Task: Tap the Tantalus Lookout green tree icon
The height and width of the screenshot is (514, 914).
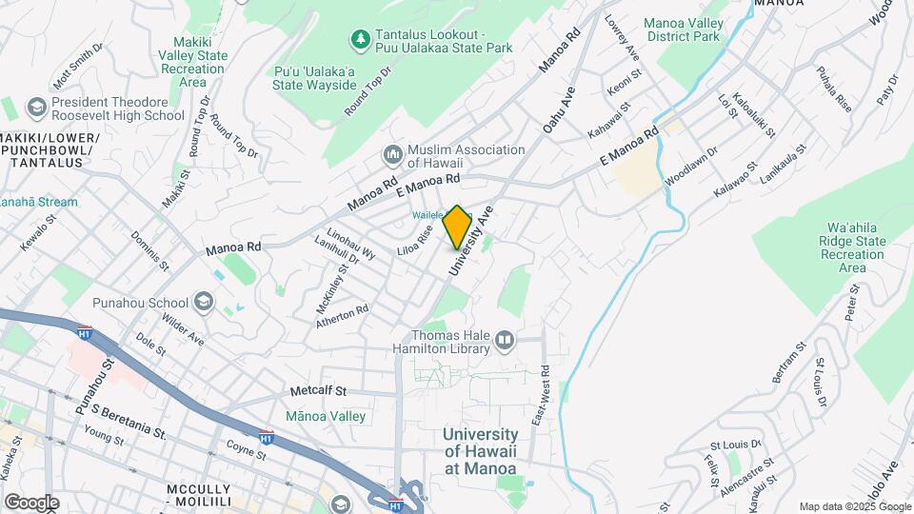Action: point(360,39)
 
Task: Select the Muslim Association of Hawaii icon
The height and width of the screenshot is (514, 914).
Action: point(392,154)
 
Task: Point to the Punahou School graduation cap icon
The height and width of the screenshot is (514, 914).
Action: point(202,303)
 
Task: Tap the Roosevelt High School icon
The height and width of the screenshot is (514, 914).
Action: point(37,107)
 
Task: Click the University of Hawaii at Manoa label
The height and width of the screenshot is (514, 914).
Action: point(480,451)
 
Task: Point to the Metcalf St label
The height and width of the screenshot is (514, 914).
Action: point(319,391)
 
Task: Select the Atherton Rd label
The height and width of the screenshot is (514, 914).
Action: point(343,317)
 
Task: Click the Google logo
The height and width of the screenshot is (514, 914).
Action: point(31,502)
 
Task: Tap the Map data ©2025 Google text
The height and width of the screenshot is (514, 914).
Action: point(854,506)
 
